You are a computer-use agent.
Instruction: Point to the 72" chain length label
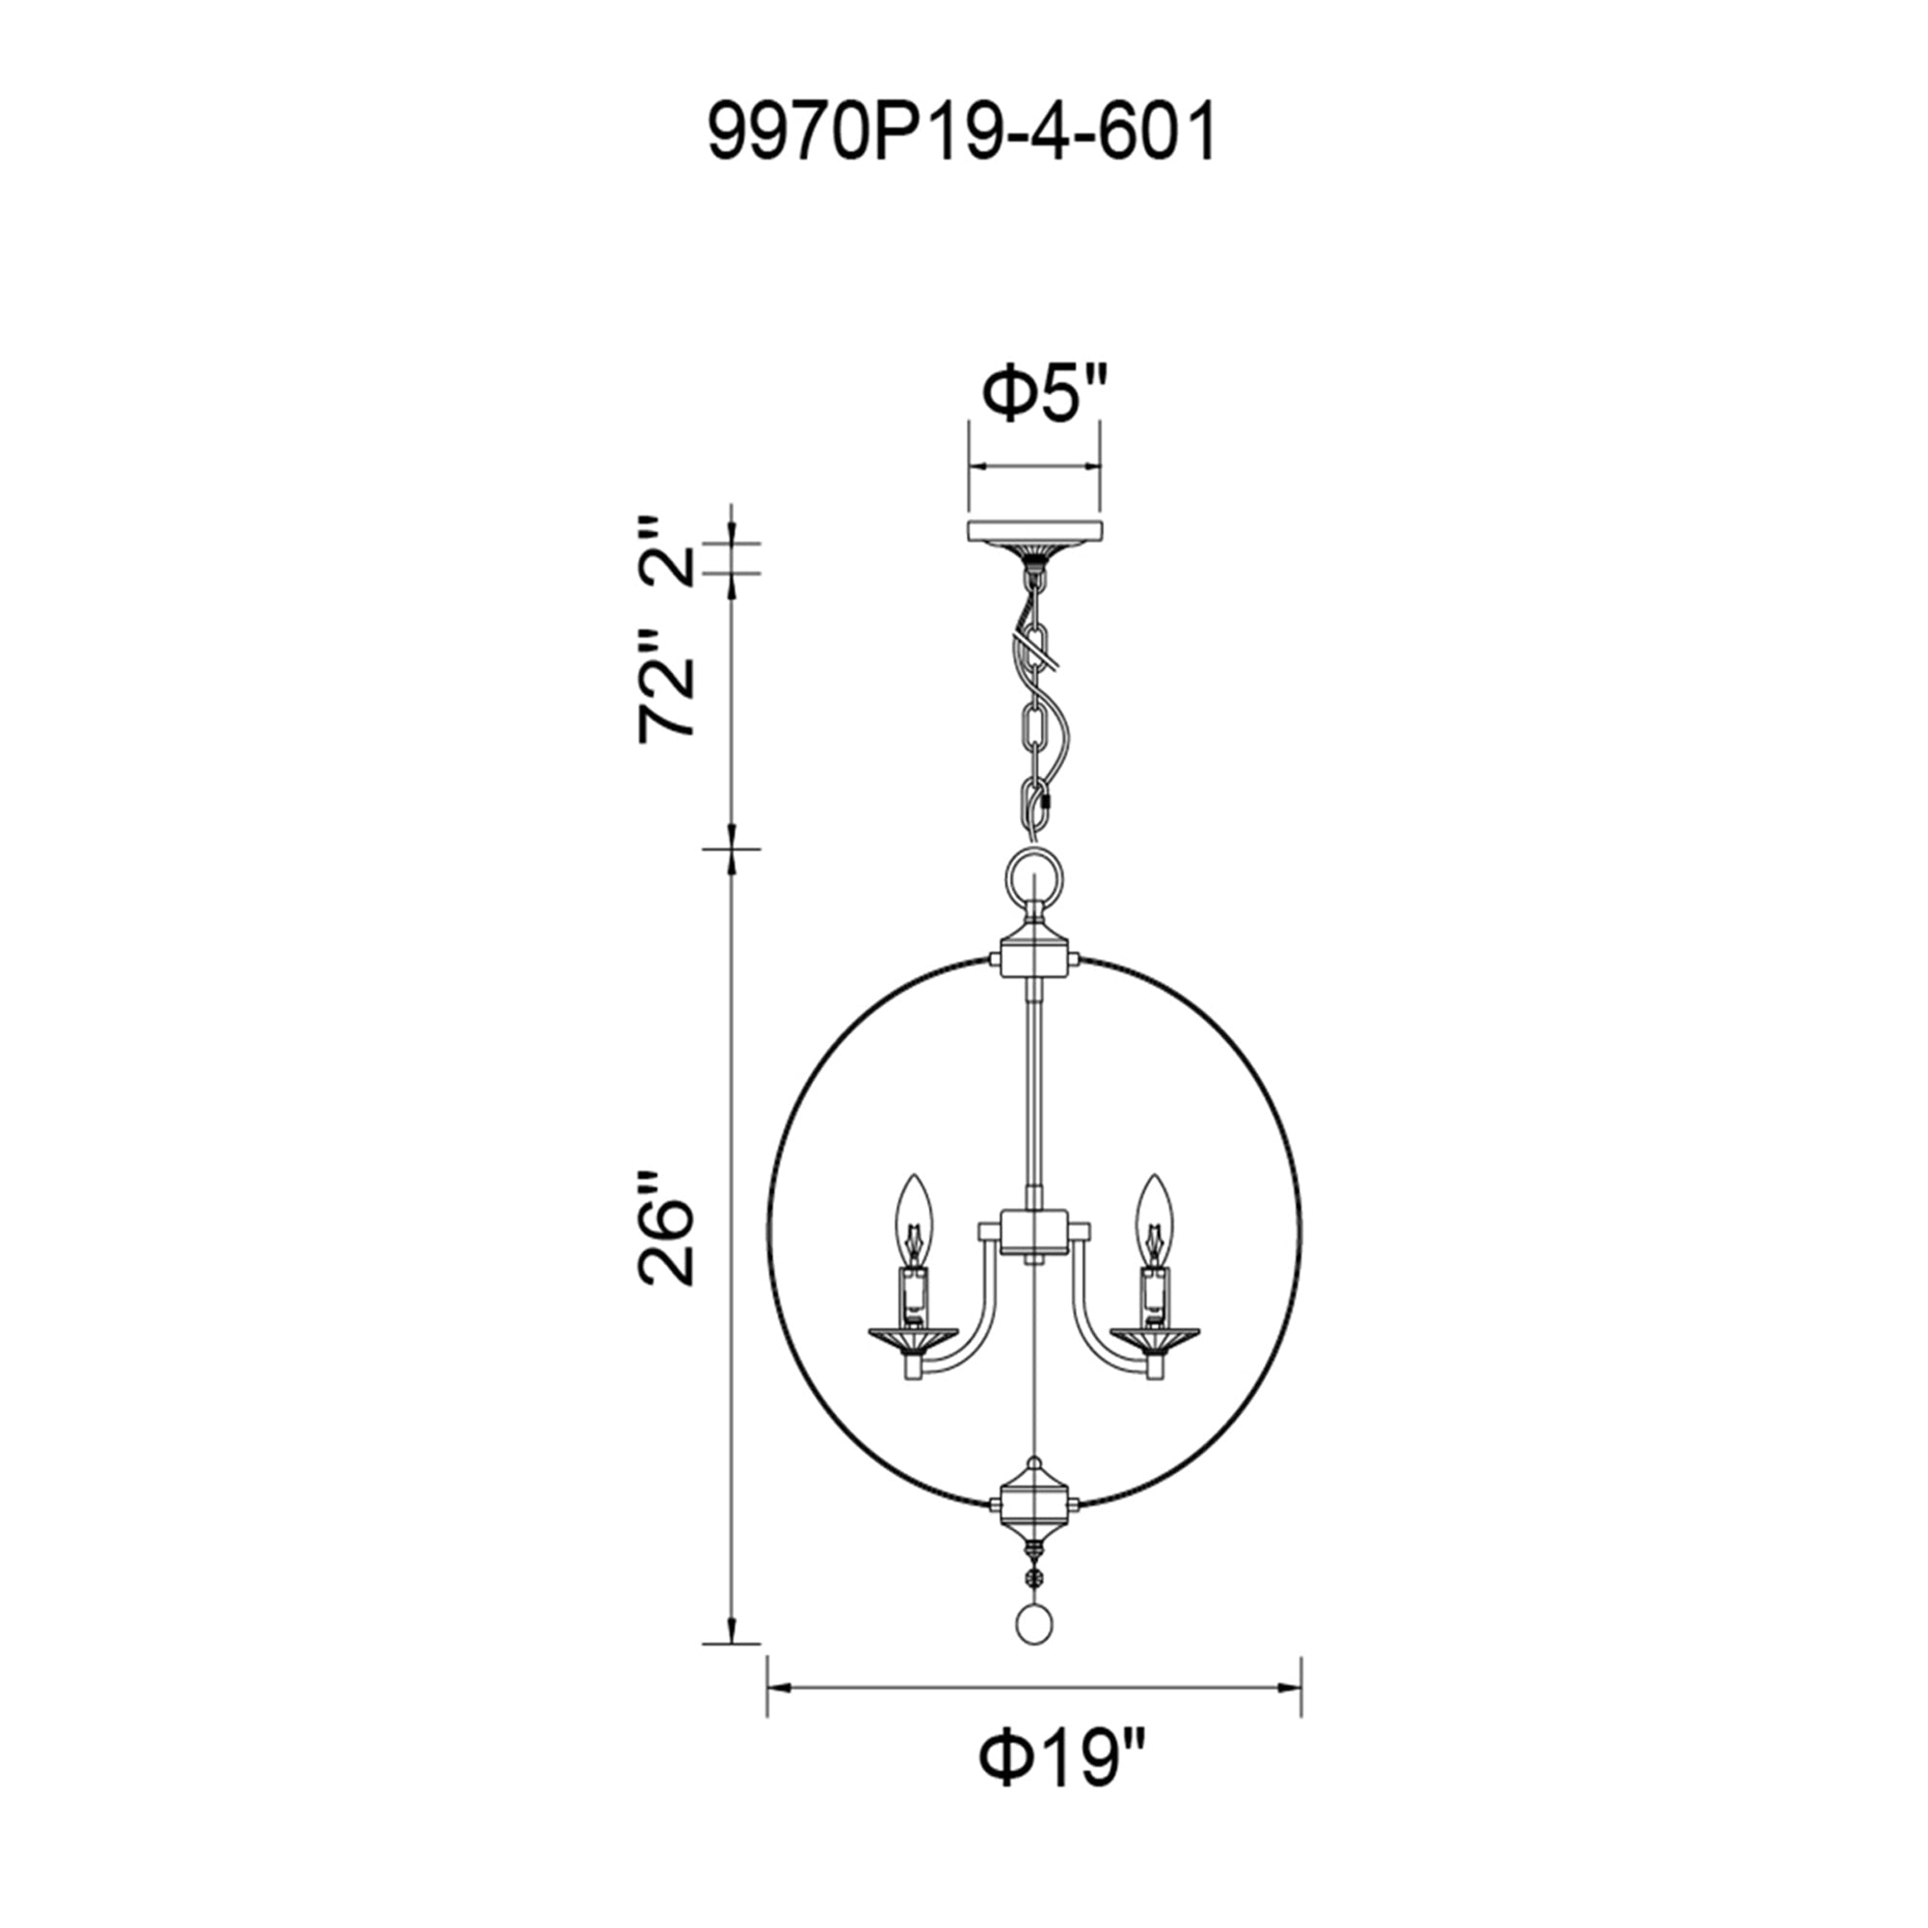(665, 684)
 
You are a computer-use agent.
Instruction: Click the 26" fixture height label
(665, 1228)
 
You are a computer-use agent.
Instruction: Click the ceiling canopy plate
(1033, 531)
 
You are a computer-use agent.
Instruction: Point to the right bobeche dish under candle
(1155, 1336)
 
